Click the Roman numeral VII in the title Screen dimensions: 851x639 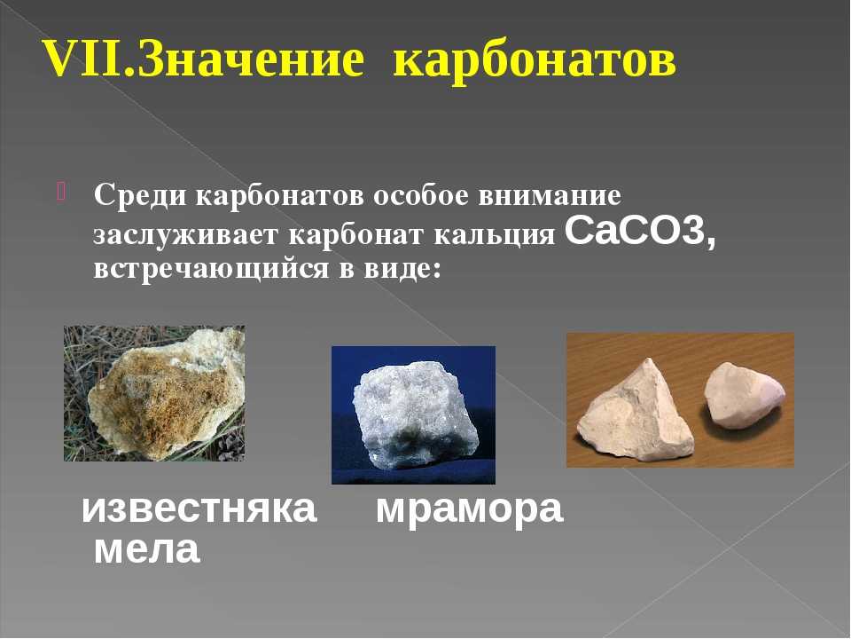coord(87,58)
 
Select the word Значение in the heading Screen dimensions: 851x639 coord(251,58)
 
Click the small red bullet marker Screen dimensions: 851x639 coord(60,192)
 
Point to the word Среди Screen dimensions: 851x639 coord(141,195)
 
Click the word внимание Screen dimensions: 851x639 coord(550,195)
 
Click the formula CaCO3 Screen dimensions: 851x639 coord(639,232)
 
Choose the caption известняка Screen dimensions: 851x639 coord(199,509)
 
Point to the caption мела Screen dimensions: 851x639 coord(147,549)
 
